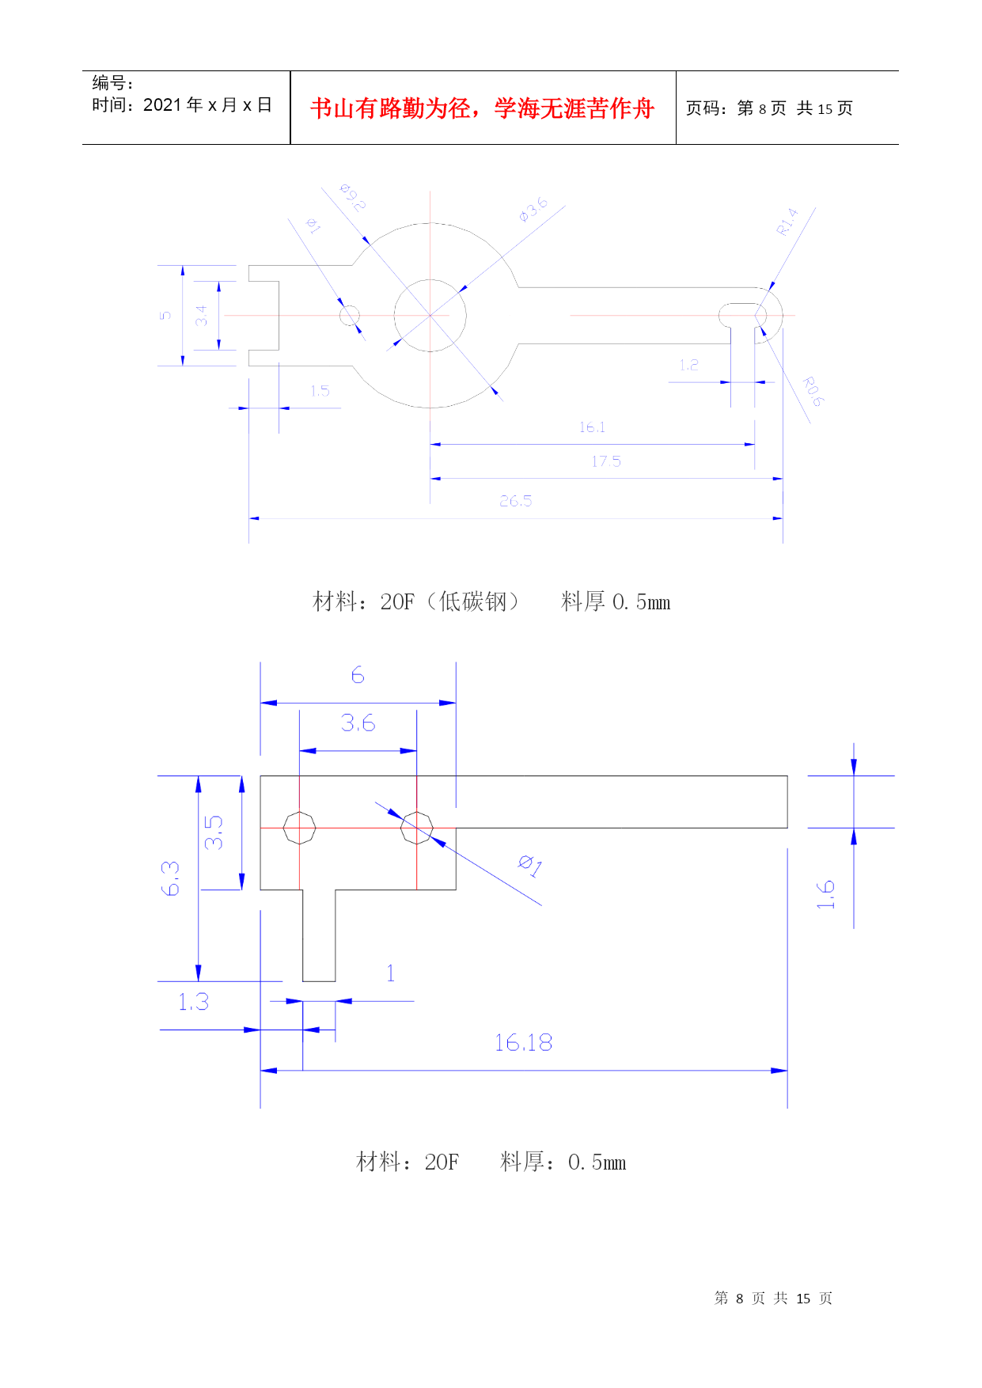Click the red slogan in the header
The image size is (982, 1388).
(482, 108)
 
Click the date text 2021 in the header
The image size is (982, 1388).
(162, 105)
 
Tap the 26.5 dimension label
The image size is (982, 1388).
(515, 501)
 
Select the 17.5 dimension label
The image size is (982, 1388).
(606, 461)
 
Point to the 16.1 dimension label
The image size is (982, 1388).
(592, 427)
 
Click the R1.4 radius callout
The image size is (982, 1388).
(787, 222)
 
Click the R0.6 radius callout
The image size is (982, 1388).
(813, 392)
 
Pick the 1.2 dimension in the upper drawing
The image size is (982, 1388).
(688, 365)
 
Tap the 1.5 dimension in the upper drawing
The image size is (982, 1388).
(320, 391)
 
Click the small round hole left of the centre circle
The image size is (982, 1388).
(349, 316)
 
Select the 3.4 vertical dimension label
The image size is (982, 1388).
(202, 316)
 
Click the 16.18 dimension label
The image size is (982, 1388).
(523, 1043)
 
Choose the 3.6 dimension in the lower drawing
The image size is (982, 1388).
(358, 723)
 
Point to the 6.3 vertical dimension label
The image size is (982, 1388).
(171, 878)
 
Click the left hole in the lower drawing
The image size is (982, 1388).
(299, 828)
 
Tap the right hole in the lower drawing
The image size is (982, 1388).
(416, 828)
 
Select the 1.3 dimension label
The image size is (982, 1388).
(193, 1003)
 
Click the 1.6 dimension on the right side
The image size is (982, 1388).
(826, 894)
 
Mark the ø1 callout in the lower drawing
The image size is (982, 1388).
(530, 866)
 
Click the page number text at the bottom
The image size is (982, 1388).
(773, 1298)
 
